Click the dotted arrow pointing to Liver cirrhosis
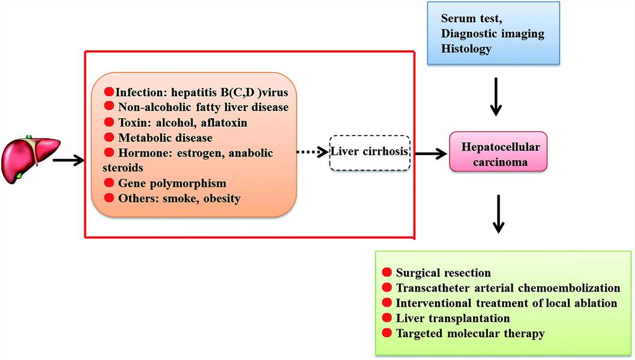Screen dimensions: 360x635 tap(312, 152)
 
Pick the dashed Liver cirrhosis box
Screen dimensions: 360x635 tap(370, 152)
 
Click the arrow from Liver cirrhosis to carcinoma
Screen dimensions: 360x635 tap(430, 154)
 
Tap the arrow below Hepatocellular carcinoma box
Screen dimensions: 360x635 tap(498, 213)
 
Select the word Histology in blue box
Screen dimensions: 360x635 tap(466, 49)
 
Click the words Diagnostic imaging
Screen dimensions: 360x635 tap(493, 35)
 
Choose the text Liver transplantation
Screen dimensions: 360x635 tap(453, 318)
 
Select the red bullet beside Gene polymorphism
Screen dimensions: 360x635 tap(109, 182)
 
